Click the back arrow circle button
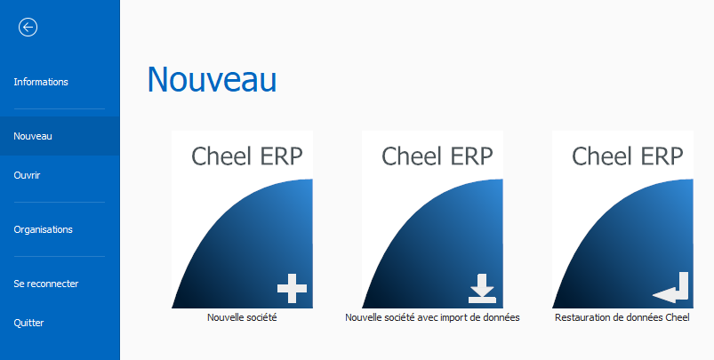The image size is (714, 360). pyautogui.click(x=28, y=28)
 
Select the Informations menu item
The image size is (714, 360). pyautogui.click(x=41, y=82)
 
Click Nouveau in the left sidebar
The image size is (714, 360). pyautogui.click(x=33, y=136)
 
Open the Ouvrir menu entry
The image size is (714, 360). pyautogui.click(x=27, y=175)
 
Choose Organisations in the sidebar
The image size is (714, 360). pyautogui.click(x=44, y=229)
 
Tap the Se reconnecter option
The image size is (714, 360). pyautogui.click(x=46, y=284)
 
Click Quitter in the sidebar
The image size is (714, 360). pyautogui.click(x=28, y=324)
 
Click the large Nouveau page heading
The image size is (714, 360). pyautogui.click(x=212, y=79)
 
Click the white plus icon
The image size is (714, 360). pyautogui.click(x=292, y=288)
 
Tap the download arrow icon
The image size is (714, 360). pyautogui.click(x=482, y=288)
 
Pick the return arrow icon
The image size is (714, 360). pyautogui.click(x=670, y=288)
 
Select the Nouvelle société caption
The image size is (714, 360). pyautogui.click(x=242, y=317)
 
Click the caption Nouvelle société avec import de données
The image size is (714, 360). pyautogui.click(x=432, y=317)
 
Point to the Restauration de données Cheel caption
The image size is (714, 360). pyautogui.click(x=622, y=317)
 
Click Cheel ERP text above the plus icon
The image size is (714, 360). pyautogui.click(x=247, y=156)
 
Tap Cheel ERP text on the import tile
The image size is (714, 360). pyautogui.click(x=437, y=156)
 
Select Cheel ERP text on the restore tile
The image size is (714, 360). pyautogui.click(x=628, y=156)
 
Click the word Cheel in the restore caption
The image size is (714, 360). pyautogui.click(x=678, y=317)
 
